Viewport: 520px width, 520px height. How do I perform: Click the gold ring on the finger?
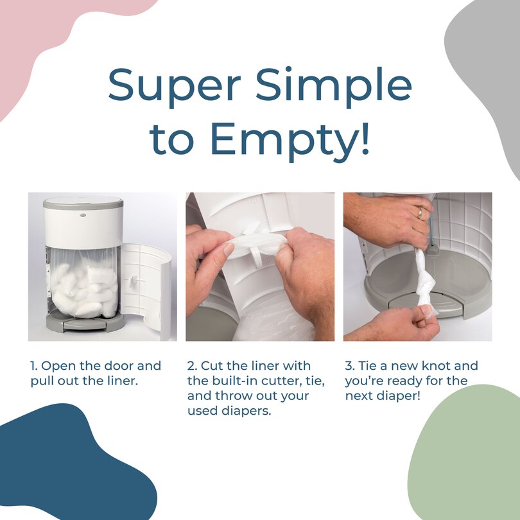(x=420, y=212)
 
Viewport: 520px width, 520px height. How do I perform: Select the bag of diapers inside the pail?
(x=83, y=286)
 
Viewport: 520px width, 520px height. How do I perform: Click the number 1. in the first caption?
(x=34, y=366)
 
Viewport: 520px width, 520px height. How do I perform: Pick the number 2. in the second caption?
(x=192, y=366)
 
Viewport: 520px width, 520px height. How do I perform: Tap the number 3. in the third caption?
(x=350, y=366)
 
